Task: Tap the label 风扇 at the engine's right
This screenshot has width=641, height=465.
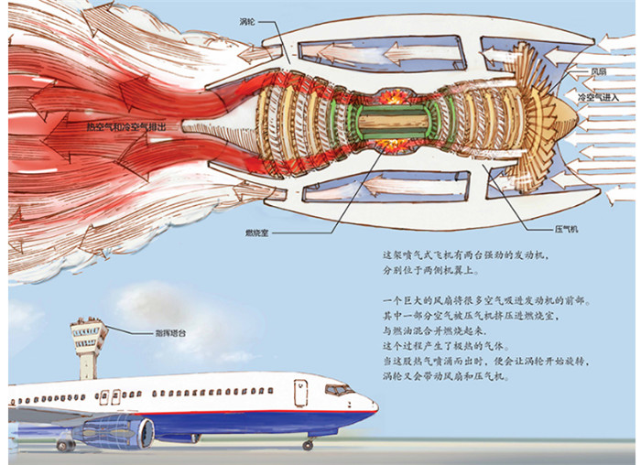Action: [x=597, y=70]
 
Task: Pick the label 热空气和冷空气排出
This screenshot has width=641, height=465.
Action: [x=125, y=129]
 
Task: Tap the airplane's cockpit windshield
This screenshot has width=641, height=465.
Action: [x=339, y=391]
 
